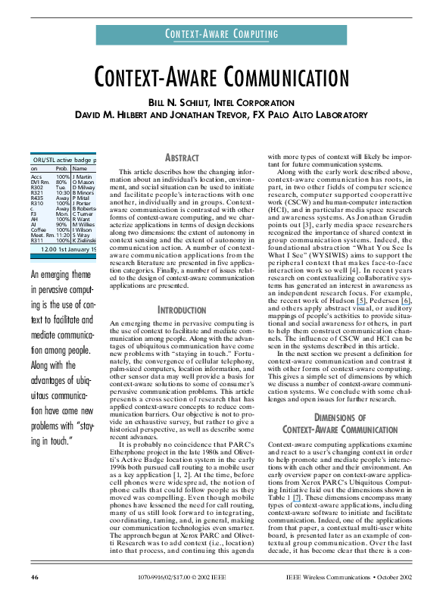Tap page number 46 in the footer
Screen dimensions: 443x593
click(35, 576)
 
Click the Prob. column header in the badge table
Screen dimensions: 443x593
click(62, 169)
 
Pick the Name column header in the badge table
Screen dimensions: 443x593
click(80, 169)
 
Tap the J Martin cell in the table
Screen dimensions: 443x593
click(83, 176)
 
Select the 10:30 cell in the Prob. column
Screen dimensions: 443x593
click(62, 192)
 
